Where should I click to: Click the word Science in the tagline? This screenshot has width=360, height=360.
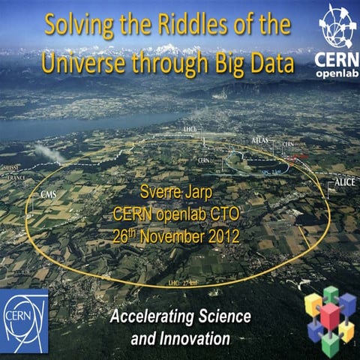223,315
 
